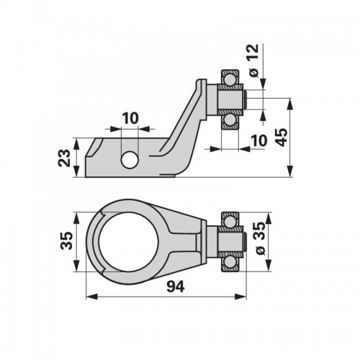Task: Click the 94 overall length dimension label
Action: point(176,286)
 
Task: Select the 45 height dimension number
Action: point(281,137)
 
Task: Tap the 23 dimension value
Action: point(64,158)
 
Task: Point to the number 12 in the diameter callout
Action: point(253,53)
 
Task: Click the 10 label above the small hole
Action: point(130,118)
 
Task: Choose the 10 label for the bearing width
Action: point(259,140)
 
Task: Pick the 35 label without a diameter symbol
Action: point(66,240)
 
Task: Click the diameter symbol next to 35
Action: point(260,251)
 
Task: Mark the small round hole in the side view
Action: point(130,160)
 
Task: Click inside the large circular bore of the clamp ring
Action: point(128,242)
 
